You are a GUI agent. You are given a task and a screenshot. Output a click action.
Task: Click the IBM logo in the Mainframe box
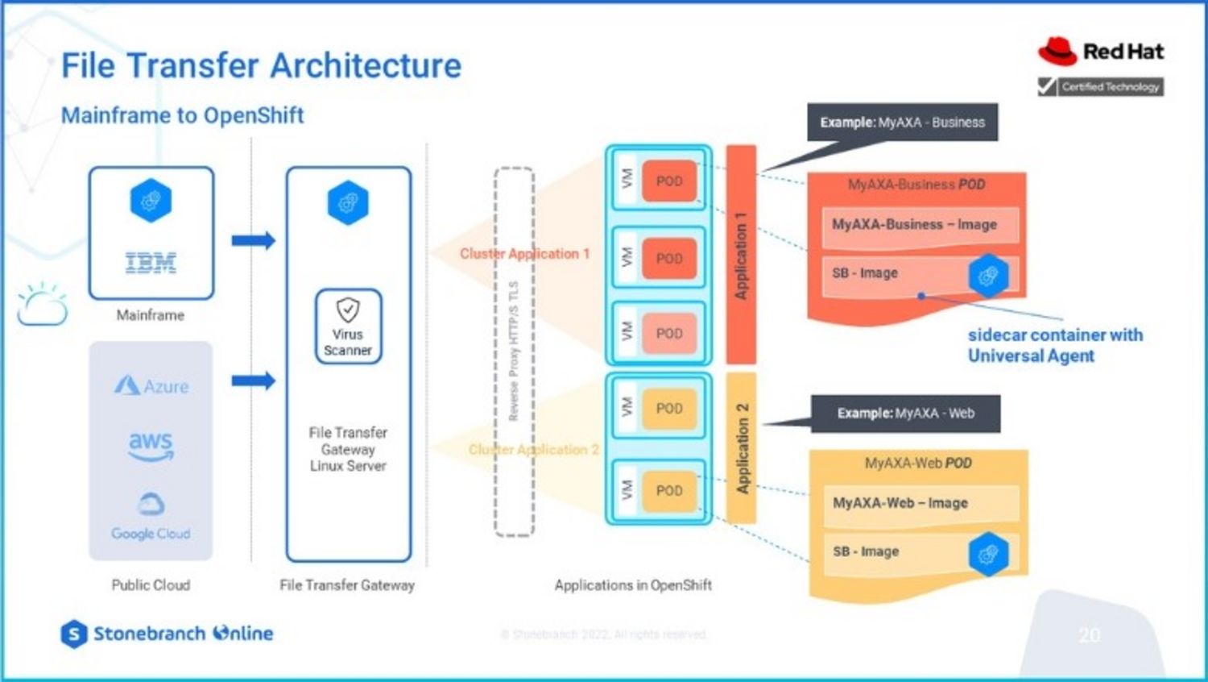click(x=151, y=262)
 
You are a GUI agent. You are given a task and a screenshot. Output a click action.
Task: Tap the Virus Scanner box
click(x=348, y=326)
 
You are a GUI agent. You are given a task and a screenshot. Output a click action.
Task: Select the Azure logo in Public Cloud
click(x=151, y=385)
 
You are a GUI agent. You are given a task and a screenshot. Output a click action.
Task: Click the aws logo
click(x=151, y=444)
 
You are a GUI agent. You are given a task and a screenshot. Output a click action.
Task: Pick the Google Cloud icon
click(x=151, y=505)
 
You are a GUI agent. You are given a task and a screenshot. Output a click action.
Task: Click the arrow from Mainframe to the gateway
click(x=253, y=240)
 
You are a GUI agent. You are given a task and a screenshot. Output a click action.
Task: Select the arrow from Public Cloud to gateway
click(x=253, y=381)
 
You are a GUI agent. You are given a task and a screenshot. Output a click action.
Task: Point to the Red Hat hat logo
click(x=1057, y=51)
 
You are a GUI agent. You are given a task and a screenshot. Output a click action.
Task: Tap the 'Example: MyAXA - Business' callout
click(x=902, y=123)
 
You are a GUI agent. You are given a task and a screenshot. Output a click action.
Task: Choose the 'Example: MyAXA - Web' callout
click(x=905, y=414)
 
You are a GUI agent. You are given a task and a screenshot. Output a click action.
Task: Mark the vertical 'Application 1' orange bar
click(x=741, y=255)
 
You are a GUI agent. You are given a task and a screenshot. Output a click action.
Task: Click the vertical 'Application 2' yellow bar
click(x=742, y=447)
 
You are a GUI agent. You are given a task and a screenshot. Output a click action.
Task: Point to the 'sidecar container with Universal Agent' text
click(x=1055, y=345)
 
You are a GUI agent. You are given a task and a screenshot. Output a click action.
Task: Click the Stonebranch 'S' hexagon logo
click(x=73, y=634)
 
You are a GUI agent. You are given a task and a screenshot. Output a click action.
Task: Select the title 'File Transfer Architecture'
click(x=262, y=65)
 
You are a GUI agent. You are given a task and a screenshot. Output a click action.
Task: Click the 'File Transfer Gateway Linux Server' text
click(x=348, y=449)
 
